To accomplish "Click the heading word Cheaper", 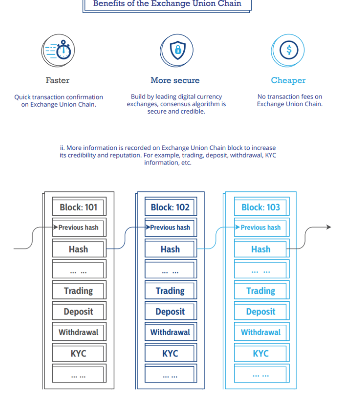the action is [x=288, y=80].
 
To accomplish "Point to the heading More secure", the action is [x=175, y=80].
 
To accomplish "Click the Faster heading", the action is [x=57, y=80].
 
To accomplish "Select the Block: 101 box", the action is [x=79, y=207].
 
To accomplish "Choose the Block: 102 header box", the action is [x=171, y=207].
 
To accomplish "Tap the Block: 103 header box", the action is [x=262, y=207].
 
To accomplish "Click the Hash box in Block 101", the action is [x=79, y=248].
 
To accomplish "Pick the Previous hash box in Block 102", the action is [x=171, y=227].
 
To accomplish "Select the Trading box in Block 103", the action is [x=262, y=290].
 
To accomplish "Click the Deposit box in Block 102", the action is [x=171, y=311].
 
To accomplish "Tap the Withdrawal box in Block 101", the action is [x=79, y=331].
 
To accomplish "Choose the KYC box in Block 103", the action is [x=262, y=353].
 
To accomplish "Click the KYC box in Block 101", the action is [x=79, y=353].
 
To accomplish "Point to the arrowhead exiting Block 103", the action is [x=329, y=227].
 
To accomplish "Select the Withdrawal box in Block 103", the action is [x=262, y=331].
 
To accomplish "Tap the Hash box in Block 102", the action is [x=171, y=248].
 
